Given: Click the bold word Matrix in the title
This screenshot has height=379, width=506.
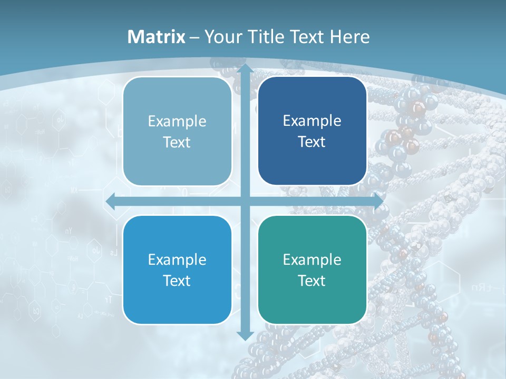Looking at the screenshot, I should [157, 37].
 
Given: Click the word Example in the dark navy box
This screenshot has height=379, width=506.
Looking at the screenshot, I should [312, 121].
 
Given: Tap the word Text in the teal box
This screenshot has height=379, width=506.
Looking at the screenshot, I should [312, 281].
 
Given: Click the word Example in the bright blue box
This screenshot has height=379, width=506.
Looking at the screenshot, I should [177, 260].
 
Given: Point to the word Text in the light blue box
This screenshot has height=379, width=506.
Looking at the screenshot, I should [177, 143].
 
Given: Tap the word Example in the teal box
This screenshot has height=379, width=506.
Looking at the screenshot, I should [312, 260].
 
